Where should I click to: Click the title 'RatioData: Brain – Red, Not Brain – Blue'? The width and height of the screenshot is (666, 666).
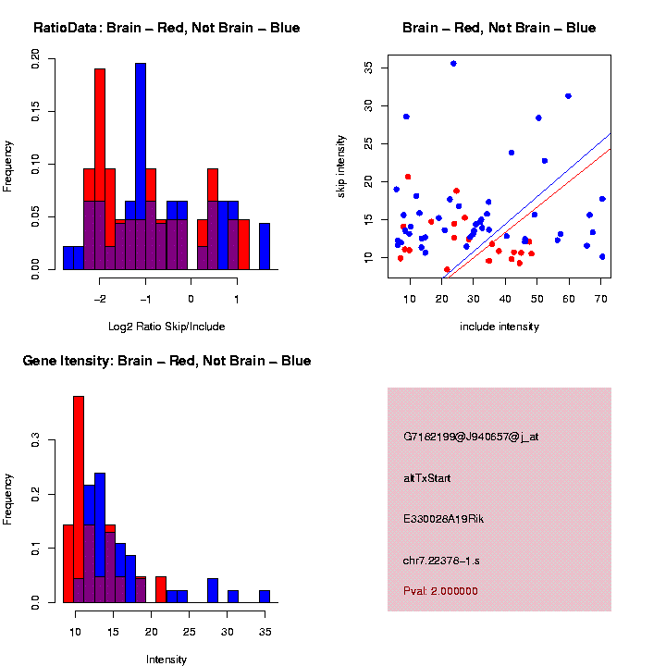coord(166,28)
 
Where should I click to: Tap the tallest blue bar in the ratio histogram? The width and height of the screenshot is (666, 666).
coord(141,166)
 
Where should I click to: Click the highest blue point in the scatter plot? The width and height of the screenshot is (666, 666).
coord(453,63)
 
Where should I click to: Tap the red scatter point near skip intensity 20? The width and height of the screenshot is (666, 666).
coord(408,177)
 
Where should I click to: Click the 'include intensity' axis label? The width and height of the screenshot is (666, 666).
coord(499,326)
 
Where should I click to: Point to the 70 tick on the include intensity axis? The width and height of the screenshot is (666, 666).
coord(601,298)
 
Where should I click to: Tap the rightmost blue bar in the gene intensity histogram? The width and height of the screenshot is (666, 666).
coord(265,596)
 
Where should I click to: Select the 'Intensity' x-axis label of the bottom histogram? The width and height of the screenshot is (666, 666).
coord(166,660)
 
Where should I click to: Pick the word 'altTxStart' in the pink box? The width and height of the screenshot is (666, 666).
coord(427,478)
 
